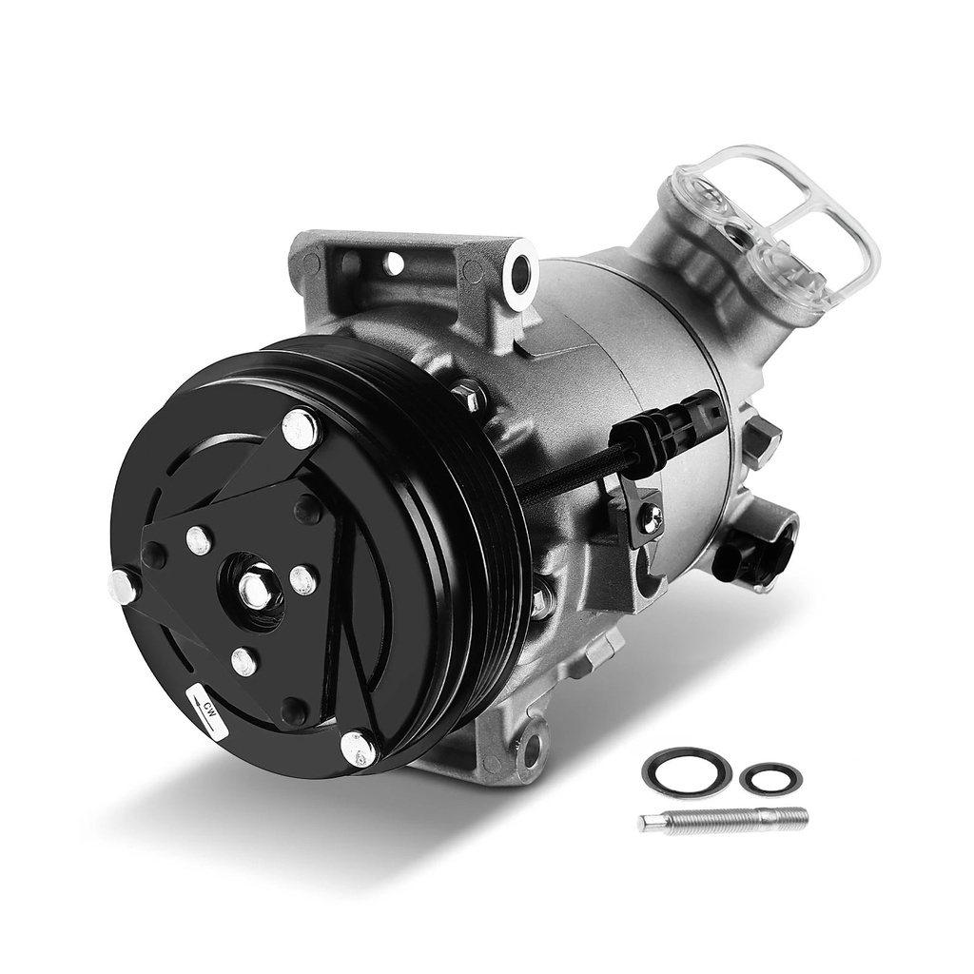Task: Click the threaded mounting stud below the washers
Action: (x=723, y=821)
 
